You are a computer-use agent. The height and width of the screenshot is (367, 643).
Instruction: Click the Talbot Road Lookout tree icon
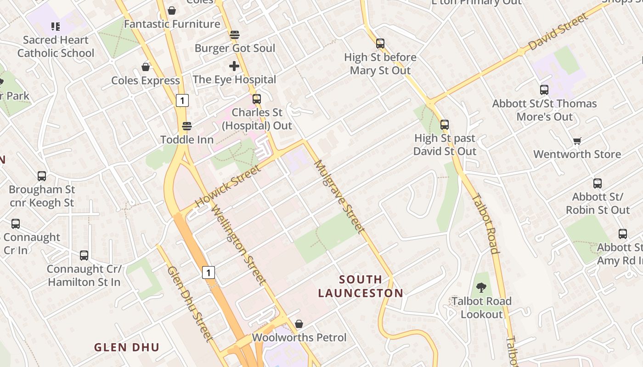tap(481, 288)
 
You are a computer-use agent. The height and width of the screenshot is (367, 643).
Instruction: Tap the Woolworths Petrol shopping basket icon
tap(299, 324)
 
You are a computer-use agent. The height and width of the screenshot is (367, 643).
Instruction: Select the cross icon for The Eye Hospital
tap(234, 66)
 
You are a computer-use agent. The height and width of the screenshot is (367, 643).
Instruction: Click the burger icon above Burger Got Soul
tap(235, 35)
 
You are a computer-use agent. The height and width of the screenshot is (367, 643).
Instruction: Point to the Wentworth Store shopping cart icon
tap(577, 141)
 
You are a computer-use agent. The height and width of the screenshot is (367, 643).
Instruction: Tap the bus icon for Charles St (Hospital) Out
tap(257, 99)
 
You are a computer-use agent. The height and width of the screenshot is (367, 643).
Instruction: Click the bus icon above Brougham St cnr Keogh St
tap(42, 176)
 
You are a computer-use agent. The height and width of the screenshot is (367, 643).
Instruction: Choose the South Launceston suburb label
tap(361, 286)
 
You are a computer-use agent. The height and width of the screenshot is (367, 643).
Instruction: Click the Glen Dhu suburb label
tap(127, 347)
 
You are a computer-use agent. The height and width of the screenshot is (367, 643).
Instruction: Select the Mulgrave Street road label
tap(339, 196)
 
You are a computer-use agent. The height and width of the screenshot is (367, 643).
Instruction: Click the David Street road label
tap(558, 32)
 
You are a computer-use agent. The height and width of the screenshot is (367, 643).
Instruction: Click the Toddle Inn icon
tap(186, 126)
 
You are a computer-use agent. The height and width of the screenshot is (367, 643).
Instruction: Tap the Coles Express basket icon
tap(146, 67)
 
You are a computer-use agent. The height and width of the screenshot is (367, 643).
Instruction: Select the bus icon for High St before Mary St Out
tap(380, 44)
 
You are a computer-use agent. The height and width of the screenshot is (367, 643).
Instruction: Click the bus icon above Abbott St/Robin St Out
tap(598, 183)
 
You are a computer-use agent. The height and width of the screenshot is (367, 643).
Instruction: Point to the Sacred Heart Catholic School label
tap(56, 46)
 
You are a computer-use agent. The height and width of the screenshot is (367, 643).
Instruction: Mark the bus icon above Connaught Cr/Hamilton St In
tap(84, 255)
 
